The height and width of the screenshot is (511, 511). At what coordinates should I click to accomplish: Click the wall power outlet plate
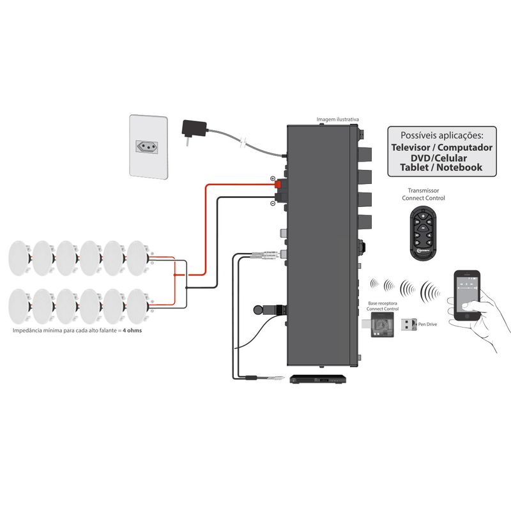149,146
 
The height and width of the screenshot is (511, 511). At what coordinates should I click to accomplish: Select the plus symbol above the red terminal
273,178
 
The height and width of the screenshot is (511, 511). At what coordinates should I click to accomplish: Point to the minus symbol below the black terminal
273,203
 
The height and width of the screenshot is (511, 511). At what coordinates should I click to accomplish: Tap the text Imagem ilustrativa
338,119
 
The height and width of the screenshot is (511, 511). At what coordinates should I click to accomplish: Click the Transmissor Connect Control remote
423,231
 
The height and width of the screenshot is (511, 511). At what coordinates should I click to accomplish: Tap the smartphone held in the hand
468,296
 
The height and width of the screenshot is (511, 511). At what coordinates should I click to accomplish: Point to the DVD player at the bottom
318,379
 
